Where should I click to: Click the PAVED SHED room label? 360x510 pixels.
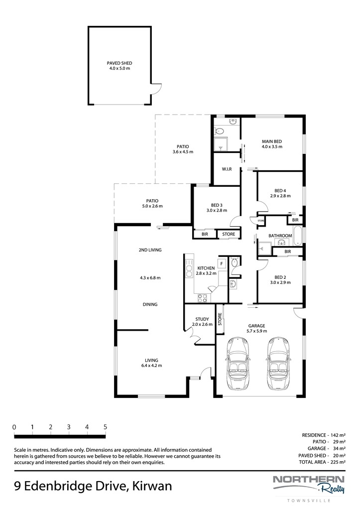[120, 63]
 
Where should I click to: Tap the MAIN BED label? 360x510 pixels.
[272, 141]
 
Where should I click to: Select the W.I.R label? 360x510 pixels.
[227, 169]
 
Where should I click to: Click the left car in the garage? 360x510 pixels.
[238, 363]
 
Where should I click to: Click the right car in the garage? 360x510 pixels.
[279, 363]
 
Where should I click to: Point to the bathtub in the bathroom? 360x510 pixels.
[298, 236]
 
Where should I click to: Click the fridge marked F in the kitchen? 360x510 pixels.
[222, 263]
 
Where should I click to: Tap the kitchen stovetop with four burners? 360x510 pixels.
[203, 298]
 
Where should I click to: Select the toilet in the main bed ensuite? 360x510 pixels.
[219, 131]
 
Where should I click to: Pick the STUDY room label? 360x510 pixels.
[202, 319]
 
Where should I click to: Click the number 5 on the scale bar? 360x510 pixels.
[105, 427]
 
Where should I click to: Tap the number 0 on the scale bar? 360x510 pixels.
[14, 427]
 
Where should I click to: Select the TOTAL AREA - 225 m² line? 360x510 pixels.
[322, 462]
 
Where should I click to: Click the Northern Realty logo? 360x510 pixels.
[308, 484]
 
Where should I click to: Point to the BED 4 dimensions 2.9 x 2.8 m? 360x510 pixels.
[280, 196]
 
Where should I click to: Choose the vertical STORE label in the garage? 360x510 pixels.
[220, 319]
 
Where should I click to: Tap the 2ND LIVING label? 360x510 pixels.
[150, 250]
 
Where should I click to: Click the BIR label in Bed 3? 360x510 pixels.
[205, 234]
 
